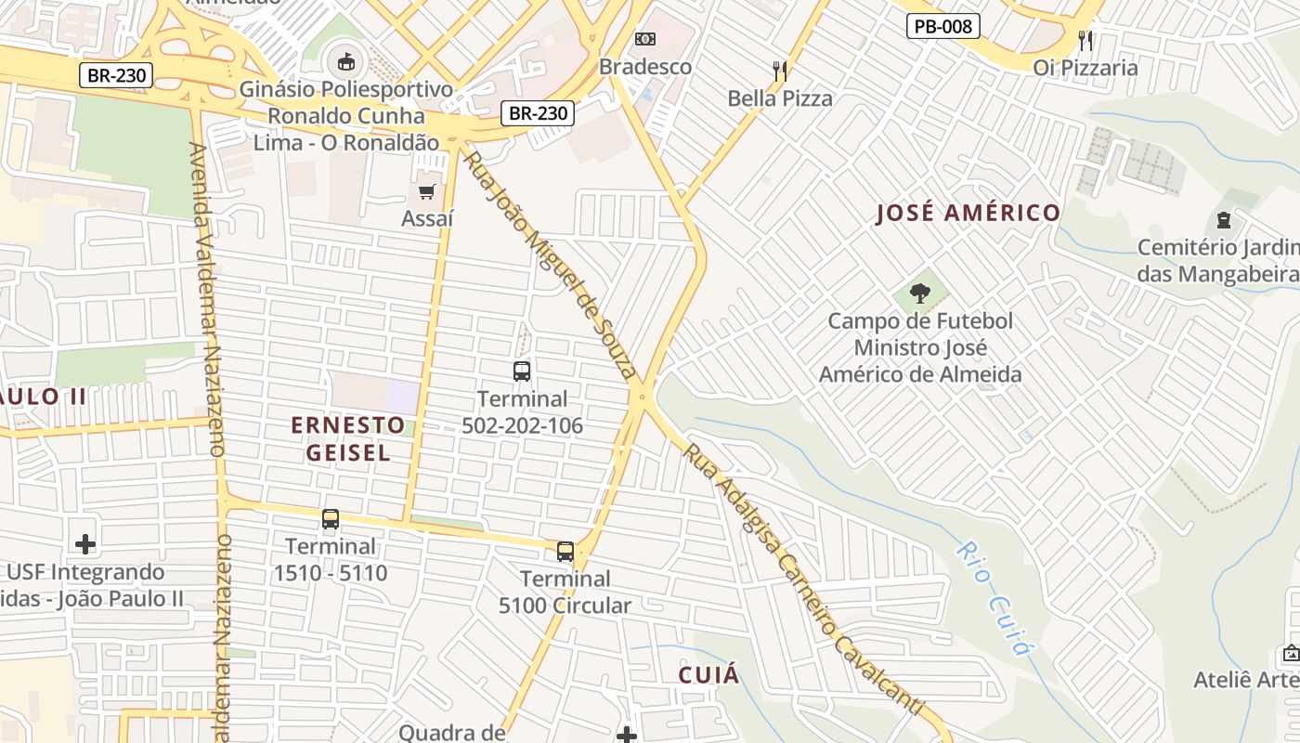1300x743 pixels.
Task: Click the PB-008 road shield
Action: [943, 26]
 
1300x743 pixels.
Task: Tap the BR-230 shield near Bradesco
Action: [539, 113]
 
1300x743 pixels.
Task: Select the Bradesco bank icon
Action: [644, 39]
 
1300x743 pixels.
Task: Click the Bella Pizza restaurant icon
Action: [780, 70]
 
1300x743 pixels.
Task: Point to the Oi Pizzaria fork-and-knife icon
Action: [1085, 40]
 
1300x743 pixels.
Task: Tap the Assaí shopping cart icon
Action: [426, 191]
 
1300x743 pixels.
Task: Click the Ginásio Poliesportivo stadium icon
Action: [345, 62]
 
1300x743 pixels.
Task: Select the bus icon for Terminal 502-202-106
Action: [522, 371]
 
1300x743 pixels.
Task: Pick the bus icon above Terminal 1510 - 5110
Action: [331, 519]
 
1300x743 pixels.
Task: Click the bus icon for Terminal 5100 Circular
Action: [565, 552]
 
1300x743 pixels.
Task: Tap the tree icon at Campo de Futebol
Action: [919, 293]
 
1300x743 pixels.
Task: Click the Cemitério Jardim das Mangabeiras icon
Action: [1224, 221]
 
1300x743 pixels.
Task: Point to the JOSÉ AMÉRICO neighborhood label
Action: [968, 213]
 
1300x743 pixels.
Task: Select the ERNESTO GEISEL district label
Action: [347, 438]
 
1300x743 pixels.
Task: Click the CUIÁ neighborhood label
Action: [708, 674]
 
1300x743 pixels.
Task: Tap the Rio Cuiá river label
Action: [994, 598]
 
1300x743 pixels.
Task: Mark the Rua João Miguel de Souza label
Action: [550, 265]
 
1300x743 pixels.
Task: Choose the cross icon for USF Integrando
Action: [85, 543]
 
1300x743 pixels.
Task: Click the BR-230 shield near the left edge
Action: [115, 75]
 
